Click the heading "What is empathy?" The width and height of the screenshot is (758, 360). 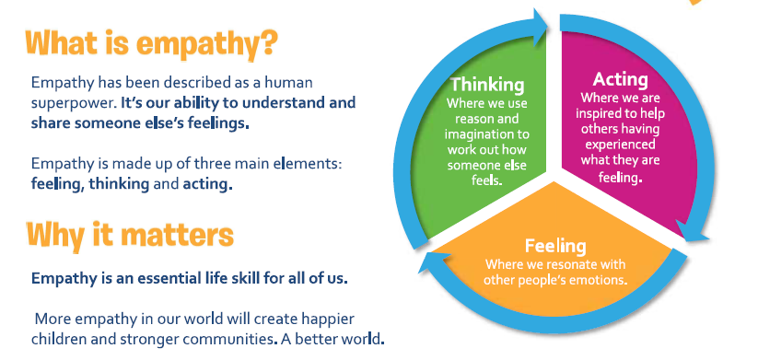152,44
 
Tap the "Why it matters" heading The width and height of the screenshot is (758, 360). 130,236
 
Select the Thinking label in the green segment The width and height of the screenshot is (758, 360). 487,85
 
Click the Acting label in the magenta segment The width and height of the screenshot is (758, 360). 620,79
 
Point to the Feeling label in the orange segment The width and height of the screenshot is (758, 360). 555,246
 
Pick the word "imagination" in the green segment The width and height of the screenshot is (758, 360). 487,134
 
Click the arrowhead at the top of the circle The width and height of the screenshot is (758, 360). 539,27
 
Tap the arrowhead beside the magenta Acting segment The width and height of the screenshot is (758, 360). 693,230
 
